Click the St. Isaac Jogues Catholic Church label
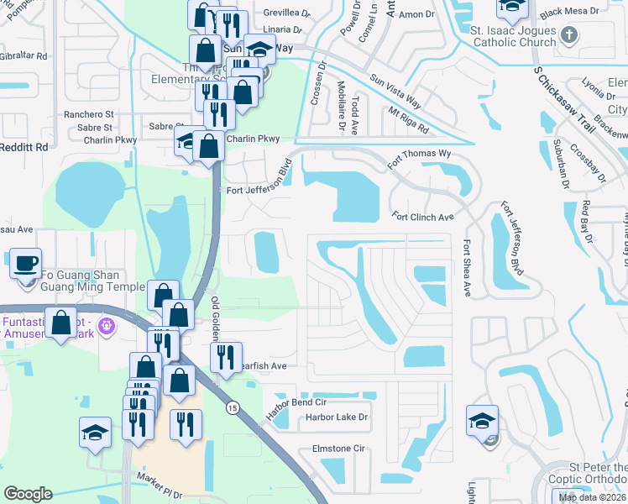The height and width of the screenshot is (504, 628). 512,37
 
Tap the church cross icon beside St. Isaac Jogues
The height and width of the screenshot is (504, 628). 570,35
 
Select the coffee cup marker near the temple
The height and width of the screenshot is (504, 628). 24,263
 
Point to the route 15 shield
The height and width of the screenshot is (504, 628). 231,407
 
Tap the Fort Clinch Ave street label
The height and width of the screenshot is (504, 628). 423,217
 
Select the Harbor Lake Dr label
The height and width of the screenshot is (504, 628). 337,417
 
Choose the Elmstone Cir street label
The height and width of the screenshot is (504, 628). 338,449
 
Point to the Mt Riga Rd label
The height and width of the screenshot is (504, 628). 408,119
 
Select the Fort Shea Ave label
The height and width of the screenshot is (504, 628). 467,268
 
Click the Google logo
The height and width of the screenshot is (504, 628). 28,494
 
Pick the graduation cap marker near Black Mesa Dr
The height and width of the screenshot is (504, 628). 511,8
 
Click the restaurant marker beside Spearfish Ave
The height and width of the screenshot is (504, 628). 226,358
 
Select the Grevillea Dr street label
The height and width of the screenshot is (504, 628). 287,13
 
